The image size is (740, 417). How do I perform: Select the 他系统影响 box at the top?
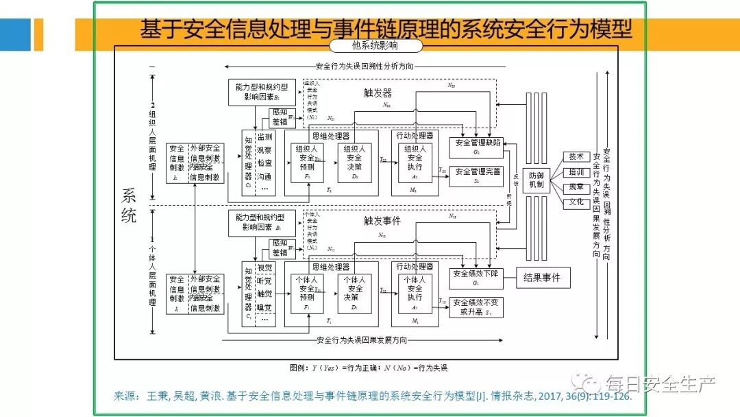375,47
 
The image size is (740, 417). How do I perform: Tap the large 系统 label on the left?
129,205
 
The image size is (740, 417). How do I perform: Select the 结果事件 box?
541,278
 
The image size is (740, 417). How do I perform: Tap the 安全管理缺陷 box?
476,145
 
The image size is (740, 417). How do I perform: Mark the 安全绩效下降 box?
476,277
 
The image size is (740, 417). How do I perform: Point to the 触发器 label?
378,92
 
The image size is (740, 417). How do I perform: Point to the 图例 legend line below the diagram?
369,368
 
